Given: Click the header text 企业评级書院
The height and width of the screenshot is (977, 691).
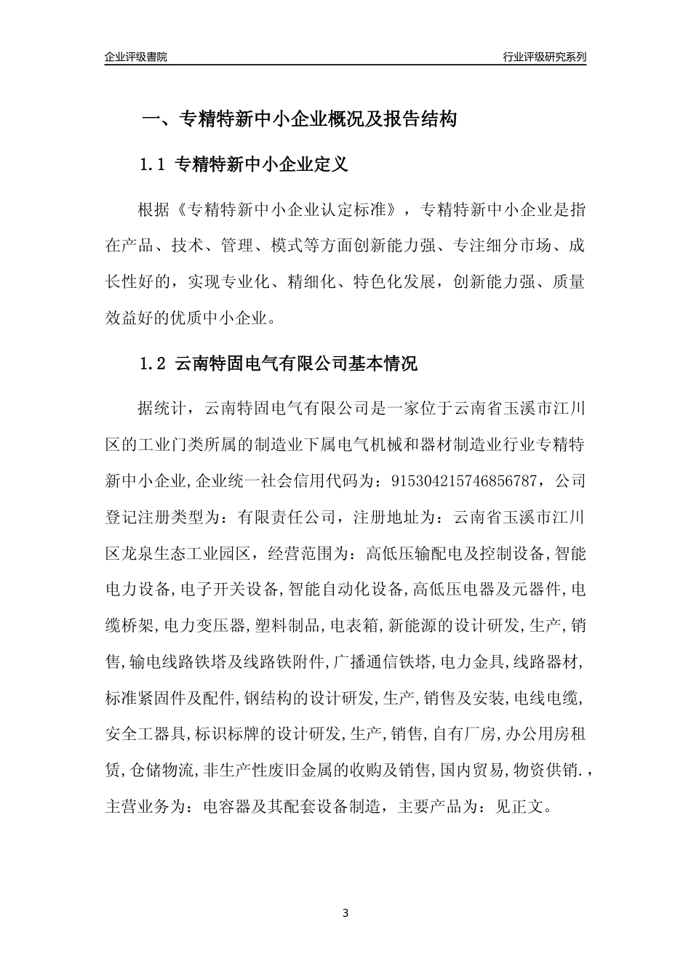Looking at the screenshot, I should point(135,57).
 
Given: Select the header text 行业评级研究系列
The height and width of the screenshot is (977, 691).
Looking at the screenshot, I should point(544,57).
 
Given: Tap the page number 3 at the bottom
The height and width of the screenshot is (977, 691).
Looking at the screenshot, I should point(345,913).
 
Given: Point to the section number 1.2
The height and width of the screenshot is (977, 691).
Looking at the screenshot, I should point(153,363).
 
